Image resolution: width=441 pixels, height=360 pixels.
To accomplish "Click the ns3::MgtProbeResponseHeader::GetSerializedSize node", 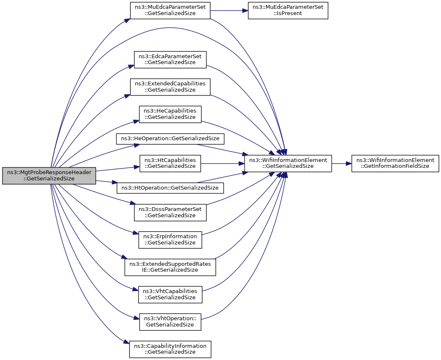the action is [x=49, y=176].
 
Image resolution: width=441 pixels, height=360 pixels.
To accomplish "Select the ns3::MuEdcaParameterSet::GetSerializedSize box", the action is [x=170, y=11].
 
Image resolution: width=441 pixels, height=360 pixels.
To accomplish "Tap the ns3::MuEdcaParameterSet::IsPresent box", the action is [x=288, y=11].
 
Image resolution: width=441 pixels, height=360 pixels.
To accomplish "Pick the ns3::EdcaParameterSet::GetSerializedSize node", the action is [x=170, y=59].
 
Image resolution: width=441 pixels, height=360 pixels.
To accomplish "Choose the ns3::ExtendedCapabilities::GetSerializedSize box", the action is [x=170, y=87].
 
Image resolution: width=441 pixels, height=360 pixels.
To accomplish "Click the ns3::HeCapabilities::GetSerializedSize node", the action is [x=170, y=114].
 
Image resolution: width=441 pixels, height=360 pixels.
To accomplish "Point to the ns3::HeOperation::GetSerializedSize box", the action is [x=170, y=139].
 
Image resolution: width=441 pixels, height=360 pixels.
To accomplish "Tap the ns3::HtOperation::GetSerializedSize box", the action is [x=170, y=188].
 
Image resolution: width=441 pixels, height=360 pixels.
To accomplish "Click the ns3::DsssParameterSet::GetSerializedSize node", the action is [x=170, y=213].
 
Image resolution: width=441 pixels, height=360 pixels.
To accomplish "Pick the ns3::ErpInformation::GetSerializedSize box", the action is [x=170, y=240].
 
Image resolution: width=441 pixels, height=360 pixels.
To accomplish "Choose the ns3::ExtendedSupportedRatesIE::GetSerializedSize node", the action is [x=170, y=267].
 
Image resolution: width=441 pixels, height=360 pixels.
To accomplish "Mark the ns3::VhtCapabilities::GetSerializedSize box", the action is [x=170, y=295].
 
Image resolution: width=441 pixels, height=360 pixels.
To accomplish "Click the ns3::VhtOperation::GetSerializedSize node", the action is [x=170, y=322].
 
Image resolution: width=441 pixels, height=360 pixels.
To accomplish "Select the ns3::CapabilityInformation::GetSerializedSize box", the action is [x=170, y=349].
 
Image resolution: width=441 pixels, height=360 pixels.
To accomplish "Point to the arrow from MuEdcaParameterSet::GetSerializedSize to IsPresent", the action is [x=229, y=11].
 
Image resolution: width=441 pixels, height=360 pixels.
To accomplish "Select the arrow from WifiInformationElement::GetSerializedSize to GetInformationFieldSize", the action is [x=342, y=164].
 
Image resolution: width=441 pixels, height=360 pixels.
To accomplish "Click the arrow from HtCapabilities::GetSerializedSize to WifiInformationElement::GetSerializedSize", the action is [x=222, y=164].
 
